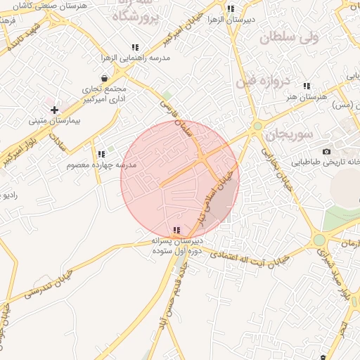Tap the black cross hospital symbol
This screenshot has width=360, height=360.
click(55, 109)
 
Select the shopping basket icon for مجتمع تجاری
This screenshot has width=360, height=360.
click(105, 78)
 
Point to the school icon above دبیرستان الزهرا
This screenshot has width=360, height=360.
click(231, 9)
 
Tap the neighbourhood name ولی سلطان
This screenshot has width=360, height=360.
click(290, 37)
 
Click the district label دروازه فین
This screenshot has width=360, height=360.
click(279, 80)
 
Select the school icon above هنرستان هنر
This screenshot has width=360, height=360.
click(307, 86)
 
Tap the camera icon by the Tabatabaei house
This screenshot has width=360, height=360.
click(326, 152)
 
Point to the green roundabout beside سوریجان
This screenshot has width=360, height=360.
click(258, 126)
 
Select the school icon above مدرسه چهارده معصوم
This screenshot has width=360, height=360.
click(101, 153)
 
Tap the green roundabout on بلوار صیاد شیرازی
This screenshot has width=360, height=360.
click(321, 240)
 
